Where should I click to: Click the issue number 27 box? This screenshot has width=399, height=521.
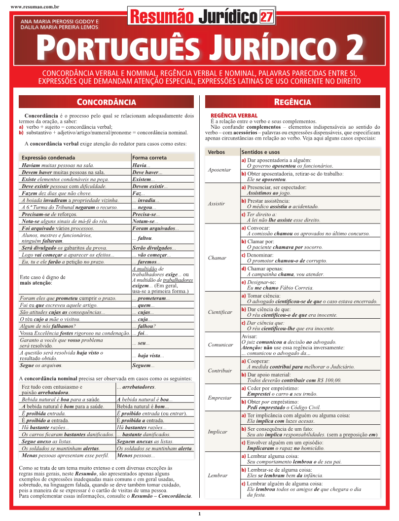[266, 17]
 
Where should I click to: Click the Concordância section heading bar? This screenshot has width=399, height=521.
[107, 102]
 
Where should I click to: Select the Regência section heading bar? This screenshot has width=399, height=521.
[292, 102]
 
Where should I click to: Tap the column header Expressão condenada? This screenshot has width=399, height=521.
[48, 157]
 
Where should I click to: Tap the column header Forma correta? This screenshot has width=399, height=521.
[149, 157]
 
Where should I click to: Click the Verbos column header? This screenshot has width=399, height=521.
[217, 152]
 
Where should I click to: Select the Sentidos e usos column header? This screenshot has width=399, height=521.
[260, 152]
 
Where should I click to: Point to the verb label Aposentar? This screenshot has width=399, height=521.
[219, 170]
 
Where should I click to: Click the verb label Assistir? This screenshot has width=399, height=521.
[217, 203]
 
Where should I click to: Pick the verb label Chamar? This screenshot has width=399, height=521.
[217, 258]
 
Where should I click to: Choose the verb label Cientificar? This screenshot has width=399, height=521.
[220, 312]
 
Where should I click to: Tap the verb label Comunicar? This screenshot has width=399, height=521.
[220, 345]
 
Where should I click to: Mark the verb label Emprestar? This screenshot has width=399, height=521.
[220, 398]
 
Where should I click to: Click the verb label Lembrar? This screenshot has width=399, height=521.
[218, 476]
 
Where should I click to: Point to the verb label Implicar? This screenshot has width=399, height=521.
[218, 432]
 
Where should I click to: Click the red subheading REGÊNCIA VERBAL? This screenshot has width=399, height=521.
[234, 115]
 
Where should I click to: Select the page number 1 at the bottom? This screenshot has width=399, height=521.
[199, 514]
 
